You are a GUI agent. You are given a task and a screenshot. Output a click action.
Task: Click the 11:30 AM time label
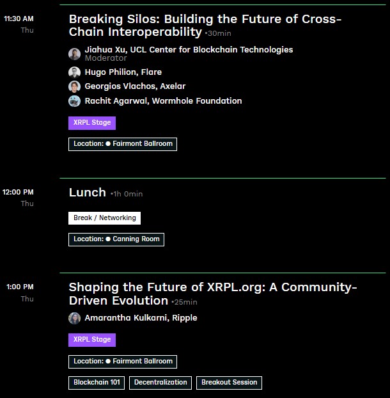coord(19,19)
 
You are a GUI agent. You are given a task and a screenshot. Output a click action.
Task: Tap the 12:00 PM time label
coord(19,192)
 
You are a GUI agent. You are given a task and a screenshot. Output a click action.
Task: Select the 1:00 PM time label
coord(20,287)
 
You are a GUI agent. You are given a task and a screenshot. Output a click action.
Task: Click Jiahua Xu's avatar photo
coord(75,54)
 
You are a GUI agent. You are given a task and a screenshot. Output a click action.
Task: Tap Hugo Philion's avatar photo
coord(75,72)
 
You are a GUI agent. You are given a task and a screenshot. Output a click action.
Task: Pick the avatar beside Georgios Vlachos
coord(75,86)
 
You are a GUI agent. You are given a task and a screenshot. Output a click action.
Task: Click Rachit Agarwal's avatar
coord(75,101)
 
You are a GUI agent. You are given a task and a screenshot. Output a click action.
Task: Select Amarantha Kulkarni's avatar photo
coord(75,318)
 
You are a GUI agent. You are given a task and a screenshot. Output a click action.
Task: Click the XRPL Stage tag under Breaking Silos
coord(92,123)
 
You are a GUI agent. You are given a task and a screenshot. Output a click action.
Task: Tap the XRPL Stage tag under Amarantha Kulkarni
coord(92,340)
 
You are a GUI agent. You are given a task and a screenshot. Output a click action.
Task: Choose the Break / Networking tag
coord(104,218)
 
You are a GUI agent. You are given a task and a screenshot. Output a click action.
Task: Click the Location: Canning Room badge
coord(116,239)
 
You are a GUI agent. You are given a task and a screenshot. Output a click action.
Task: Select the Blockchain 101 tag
coord(97,383)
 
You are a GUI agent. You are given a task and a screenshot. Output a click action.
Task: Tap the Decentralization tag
coord(162,383)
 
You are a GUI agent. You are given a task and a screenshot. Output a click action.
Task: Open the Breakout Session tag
coord(229,383)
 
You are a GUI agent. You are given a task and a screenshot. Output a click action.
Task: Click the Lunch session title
coord(88,193)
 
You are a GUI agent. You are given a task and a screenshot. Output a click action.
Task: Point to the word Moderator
coord(105,58)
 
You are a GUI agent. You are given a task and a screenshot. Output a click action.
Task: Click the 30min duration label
coord(219,33)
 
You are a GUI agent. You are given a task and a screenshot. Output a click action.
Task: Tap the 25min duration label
coord(185,302)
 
